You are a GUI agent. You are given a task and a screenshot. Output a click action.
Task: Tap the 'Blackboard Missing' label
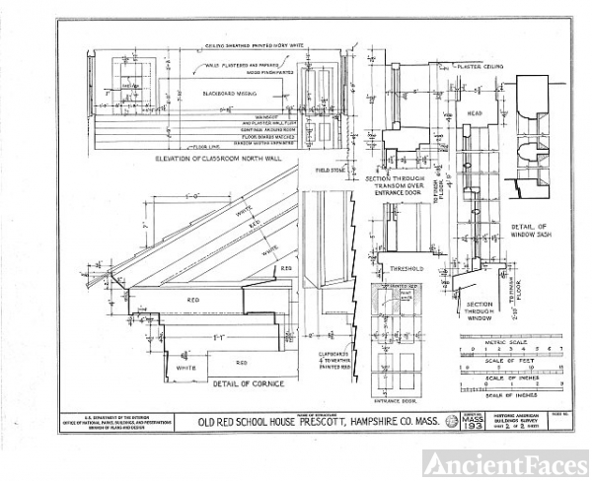coord(228,93)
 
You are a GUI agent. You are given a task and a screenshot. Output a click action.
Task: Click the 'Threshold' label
coord(406,267)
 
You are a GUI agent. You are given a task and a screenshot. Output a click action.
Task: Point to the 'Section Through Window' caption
coord(480,311)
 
